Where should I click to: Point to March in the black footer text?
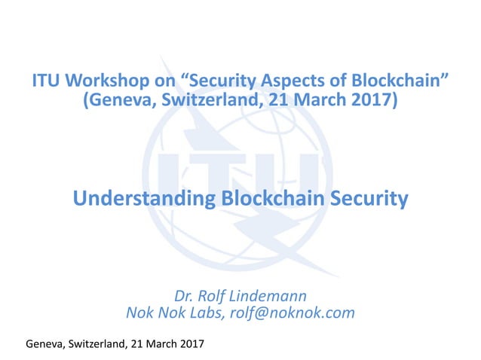pyautogui.click(x=159, y=343)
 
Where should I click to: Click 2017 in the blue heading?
pyautogui.click(x=369, y=100)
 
